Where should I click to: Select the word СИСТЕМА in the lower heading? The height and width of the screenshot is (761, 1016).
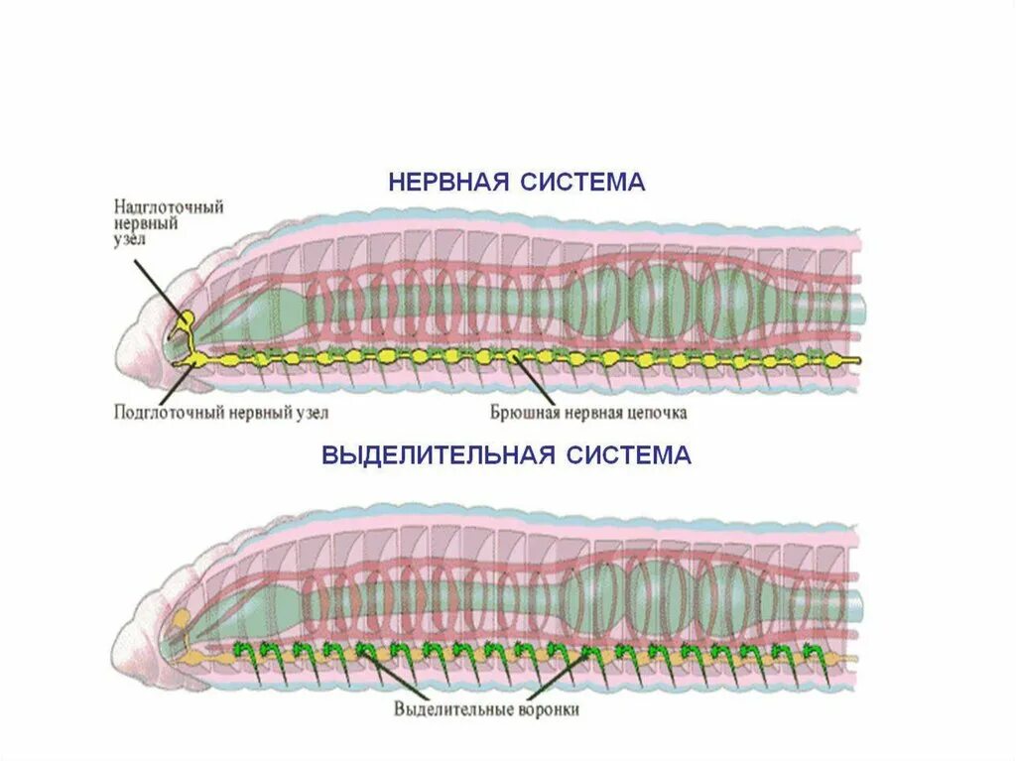629,455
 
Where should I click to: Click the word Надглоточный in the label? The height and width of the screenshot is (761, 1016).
169,207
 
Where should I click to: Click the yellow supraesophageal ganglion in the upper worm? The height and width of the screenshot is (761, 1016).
185,322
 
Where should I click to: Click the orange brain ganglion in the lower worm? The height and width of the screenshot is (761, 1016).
182,622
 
